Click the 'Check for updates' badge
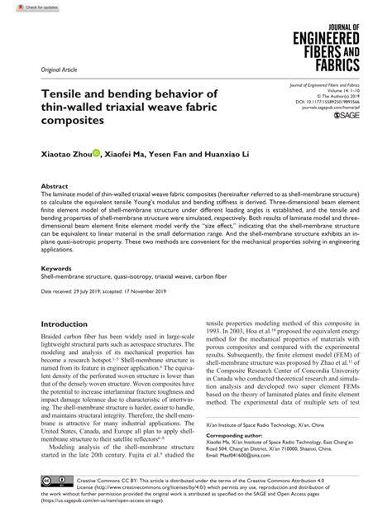[x=24, y=7]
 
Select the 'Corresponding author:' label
[x=237, y=433]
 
